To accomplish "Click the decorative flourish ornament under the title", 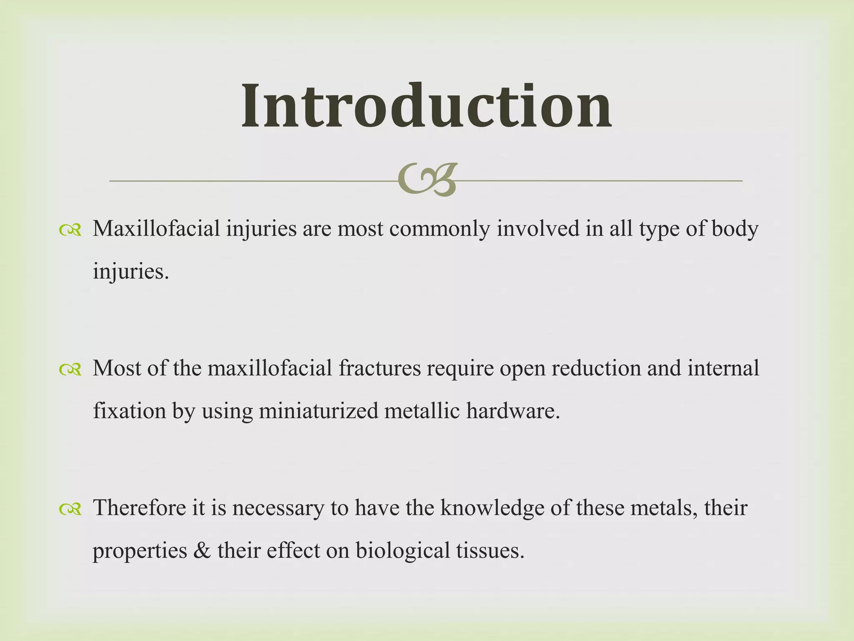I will (427, 180).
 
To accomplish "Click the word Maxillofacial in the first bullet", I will (156, 229).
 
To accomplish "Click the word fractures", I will (379, 368).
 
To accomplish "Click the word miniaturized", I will (318, 411).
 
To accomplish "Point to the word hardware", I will (513, 411).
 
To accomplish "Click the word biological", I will (402, 551).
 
